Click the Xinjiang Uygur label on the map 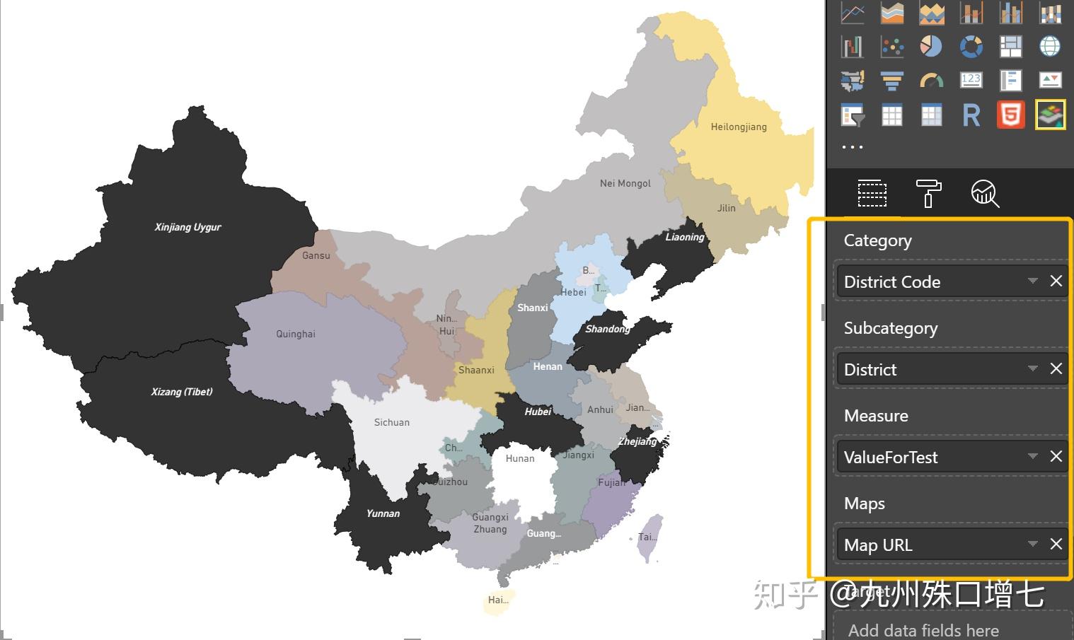[x=187, y=227]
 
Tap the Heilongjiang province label [x=739, y=127]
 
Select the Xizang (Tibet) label [x=182, y=392]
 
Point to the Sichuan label [x=392, y=422]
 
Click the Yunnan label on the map [x=383, y=513]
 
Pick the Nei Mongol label [x=625, y=183]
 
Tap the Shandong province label [x=607, y=329]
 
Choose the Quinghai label [x=296, y=334]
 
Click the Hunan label [x=520, y=458]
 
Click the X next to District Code [x=1056, y=281]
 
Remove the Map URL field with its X [x=1056, y=544]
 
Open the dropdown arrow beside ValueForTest [x=1033, y=456]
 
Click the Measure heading [x=876, y=416]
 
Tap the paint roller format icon [x=928, y=193]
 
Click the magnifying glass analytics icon [x=984, y=193]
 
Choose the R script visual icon [x=971, y=115]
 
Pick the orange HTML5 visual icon [x=1010, y=115]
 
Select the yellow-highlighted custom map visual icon [x=1050, y=115]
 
